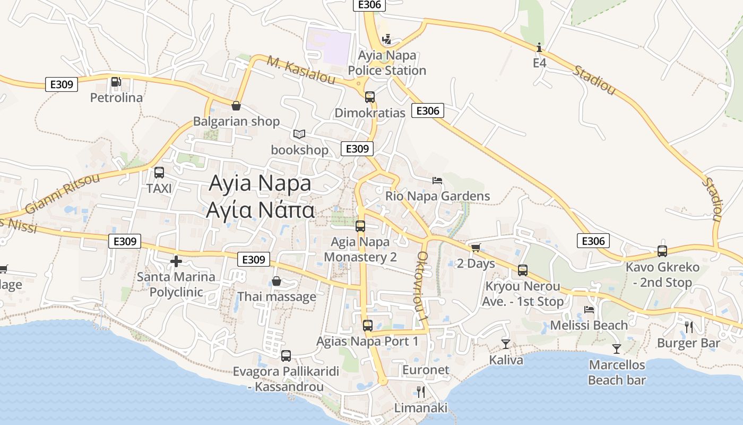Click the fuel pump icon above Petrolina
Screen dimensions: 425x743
(x=116, y=82)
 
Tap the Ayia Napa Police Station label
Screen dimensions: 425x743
(x=387, y=63)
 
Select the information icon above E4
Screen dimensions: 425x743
(x=539, y=48)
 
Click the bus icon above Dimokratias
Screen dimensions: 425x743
(x=370, y=97)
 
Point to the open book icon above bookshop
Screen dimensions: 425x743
(x=299, y=134)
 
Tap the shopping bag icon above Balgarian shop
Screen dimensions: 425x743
(x=236, y=106)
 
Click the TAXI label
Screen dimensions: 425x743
(x=159, y=188)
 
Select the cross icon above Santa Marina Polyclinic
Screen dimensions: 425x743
(x=176, y=261)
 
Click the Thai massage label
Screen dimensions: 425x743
(x=277, y=296)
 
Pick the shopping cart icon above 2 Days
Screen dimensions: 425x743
(x=476, y=248)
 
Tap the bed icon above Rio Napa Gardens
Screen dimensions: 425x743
(x=437, y=181)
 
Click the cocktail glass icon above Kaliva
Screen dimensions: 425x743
(x=506, y=344)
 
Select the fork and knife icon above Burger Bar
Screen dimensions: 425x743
(x=689, y=327)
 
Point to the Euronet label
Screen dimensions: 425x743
(x=426, y=370)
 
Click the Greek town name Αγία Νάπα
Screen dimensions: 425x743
(x=260, y=210)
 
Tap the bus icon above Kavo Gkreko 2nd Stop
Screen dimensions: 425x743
(x=662, y=251)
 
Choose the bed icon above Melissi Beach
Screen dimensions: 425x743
(x=589, y=310)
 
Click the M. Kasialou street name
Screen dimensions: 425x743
(x=301, y=70)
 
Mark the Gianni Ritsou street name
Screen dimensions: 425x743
(x=62, y=193)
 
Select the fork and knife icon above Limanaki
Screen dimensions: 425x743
(x=421, y=392)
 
